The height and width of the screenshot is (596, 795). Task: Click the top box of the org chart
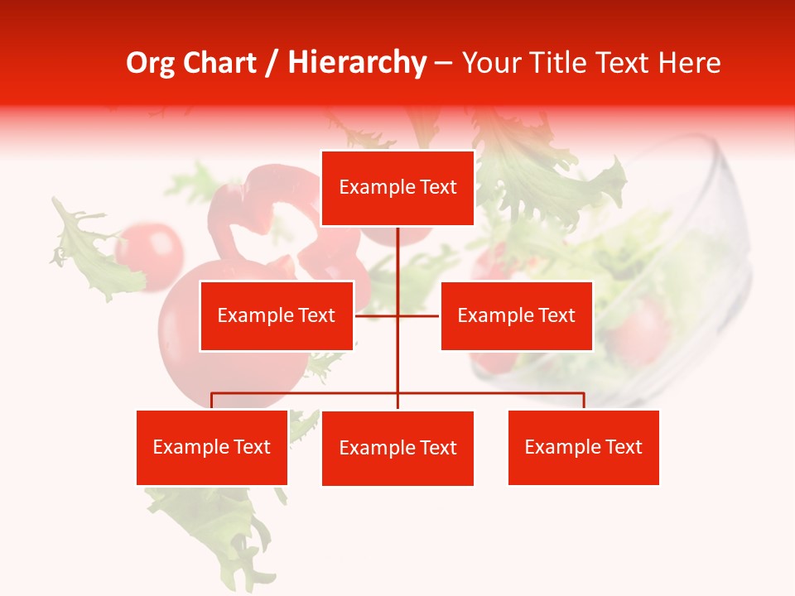click(x=397, y=188)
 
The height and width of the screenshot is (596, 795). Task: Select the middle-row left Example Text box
click(x=277, y=315)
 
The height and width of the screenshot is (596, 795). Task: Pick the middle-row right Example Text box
click(x=516, y=315)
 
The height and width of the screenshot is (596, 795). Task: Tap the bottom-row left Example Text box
click(x=212, y=447)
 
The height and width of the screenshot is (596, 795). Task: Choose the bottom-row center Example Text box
click(x=397, y=448)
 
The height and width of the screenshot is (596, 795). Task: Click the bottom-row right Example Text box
click(x=583, y=447)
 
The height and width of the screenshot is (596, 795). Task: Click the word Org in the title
click(x=151, y=63)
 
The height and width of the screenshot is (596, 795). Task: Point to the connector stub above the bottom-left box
click(x=212, y=401)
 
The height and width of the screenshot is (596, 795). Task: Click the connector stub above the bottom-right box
click(x=584, y=401)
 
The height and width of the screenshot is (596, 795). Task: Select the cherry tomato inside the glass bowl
click(x=639, y=331)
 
